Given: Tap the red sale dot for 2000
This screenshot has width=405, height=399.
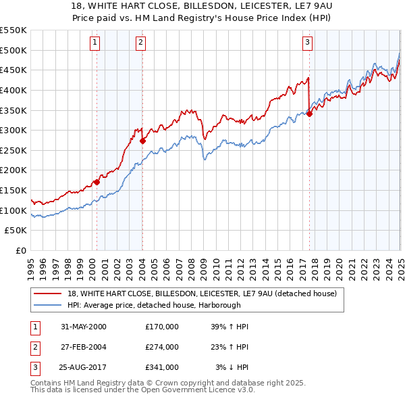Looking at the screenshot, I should click(x=97, y=182).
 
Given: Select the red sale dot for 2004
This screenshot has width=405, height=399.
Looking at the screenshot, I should click(x=142, y=141).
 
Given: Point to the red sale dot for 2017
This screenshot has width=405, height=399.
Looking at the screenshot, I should click(x=309, y=114).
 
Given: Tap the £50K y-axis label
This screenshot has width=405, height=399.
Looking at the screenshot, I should click(x=16, y=231).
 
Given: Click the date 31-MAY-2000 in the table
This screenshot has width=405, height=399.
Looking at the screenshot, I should click(x=84, y=327).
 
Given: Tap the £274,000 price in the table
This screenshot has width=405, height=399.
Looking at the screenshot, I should click(x=161, y=347).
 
